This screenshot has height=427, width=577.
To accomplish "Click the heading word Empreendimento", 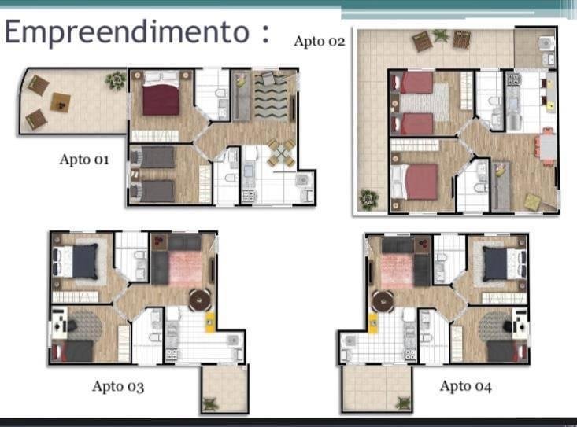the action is click(x=128, y=32).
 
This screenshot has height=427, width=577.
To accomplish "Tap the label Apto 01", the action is click(x=84, y=160).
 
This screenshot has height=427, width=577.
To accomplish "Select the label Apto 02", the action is click(x=320, y=42).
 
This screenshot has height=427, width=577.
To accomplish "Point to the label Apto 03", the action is click(x=118, y=386).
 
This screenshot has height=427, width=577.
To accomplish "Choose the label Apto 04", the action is click(x=465, y=386).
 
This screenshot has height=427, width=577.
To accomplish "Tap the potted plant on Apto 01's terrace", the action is click(x=117, y=80).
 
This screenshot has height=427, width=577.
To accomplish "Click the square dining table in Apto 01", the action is click(x=281, y=153).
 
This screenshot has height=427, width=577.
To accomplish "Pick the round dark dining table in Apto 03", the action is click(x=200, y=300).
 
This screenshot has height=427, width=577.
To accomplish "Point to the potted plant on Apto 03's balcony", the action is click(x=210, y=404).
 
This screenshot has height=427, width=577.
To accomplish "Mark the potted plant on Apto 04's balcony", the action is click(x=403, y=403).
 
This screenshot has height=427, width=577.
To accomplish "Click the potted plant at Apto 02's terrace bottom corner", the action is click(x=368, y=200).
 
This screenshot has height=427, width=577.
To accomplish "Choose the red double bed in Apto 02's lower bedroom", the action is click(x=415, y=182).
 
